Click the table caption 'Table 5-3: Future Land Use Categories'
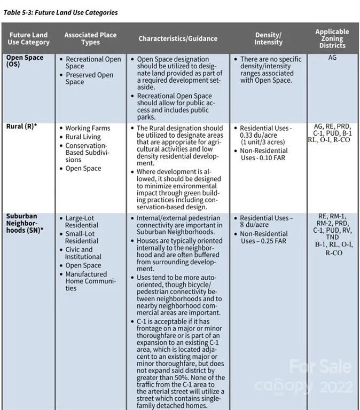tap(60, 12)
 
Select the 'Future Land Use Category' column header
tap(28, 38)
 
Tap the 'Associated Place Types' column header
tap(90, 38)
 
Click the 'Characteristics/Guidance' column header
tap(178, 38)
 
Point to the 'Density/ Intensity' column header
tap(268, 38)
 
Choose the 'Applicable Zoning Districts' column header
tap(332, 38)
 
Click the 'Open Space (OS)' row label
tap(25, 61)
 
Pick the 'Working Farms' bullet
tap(88, 128)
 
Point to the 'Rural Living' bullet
tap(83, 137)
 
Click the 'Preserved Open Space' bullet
tap(89, 78)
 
